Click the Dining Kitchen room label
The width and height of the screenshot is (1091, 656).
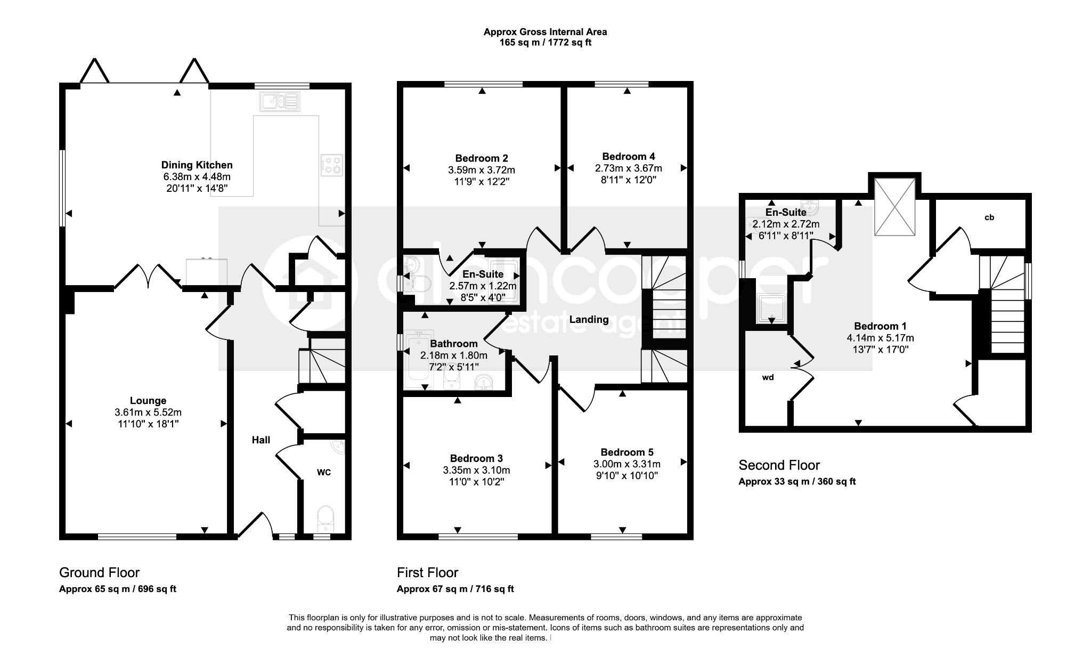click(197, 165)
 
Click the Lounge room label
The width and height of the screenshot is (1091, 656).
click(148, 401)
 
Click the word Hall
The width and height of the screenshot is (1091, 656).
click(261, 440)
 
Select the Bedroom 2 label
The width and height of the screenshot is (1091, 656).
click(482, 158)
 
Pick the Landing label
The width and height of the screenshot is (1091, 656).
click(589, 320)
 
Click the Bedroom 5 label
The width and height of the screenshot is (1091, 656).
click(626, 452)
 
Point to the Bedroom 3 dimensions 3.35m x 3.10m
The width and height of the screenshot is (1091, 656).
click(476, 471)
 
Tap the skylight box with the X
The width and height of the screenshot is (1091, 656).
click(895, 206)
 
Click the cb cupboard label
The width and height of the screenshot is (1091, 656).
click(989, 217)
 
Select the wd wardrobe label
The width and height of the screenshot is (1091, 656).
click(768, 377)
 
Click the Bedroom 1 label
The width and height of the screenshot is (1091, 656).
click(880, 326)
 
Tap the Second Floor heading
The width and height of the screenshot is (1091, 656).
click(779, 465)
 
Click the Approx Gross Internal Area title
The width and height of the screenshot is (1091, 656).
click(545, 32)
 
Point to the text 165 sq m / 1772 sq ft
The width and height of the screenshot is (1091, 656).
click(545, 43)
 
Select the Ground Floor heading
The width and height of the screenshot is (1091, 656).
click(99, 573)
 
